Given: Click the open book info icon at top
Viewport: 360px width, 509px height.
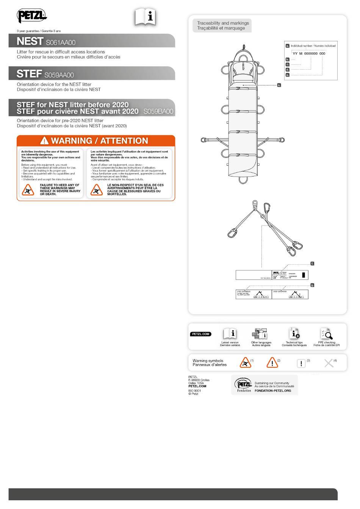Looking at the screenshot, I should [x=146, y=17].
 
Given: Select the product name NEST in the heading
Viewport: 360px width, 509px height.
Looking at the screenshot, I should [x=30, y=42].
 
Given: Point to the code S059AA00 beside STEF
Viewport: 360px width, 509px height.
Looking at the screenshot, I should [x=59, y=75].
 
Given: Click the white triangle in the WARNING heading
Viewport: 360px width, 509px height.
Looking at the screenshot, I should [x=45, y=141].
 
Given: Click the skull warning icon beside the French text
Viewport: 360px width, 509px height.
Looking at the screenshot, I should [x=97, y=190].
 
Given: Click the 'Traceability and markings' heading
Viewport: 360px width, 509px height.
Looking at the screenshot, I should [x=223, y=23].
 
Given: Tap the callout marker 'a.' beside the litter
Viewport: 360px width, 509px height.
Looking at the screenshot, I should [x=279, y=85].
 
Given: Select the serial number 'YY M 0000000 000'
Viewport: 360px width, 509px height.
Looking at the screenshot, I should [x=309, y=53].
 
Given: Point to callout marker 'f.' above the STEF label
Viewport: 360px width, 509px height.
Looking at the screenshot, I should [x=312, y=264].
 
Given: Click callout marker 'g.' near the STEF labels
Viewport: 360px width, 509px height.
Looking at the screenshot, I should [x=312, y=285].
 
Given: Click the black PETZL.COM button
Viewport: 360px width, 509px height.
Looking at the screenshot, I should [x=200, y=334].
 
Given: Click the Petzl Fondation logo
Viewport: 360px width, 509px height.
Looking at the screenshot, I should [x=243, y=385].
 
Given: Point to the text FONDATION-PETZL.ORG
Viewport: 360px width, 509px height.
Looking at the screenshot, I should [x=273, y=390].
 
